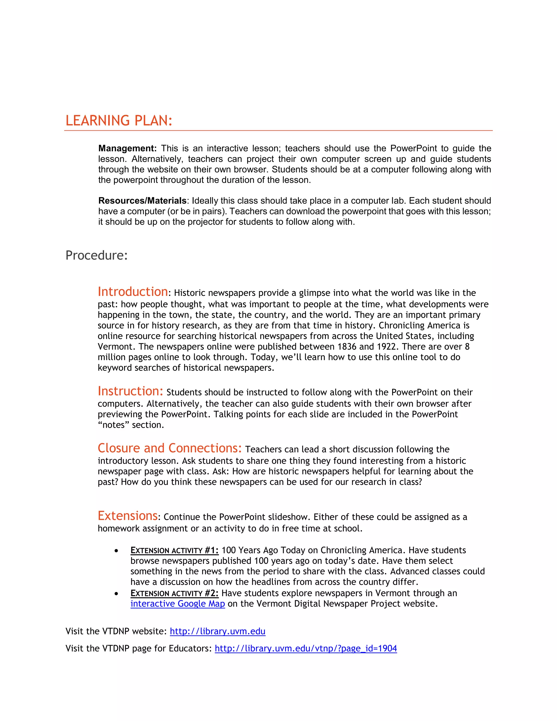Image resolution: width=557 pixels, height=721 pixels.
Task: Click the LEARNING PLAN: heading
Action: point(119,121)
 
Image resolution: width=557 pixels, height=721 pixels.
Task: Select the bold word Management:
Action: point(127,149)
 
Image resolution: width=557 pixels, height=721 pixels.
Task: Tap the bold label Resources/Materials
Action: point(142,201)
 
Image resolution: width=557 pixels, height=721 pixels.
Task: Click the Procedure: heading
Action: point(96,255)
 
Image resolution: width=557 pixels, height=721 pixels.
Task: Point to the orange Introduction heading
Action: point(133,292)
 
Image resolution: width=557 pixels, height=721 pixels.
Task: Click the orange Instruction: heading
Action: point(130,391)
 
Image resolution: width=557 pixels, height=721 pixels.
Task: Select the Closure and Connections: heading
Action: point(170,448)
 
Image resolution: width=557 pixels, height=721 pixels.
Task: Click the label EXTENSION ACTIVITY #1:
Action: point(174,550)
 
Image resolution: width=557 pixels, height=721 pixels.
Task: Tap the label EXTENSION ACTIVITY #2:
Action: point(174,593)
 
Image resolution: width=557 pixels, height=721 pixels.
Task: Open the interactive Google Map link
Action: point(178,604)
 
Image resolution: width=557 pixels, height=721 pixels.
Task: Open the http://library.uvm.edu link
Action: point(218,631)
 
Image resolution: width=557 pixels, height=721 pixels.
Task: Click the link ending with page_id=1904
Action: point(305,649)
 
